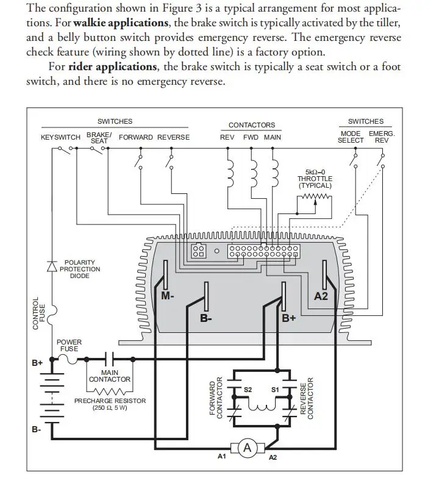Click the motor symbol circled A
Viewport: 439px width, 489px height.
pyautogui.click(x=248, y=448)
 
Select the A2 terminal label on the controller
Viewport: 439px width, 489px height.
pyautogui.click(x=321, y=296)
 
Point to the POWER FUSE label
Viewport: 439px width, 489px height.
pyautogui.click(x=68, y=346)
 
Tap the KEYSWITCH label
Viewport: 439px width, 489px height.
pyautogui.click(x=60, y=137)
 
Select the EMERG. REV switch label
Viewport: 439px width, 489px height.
pyautogui.click(x=381, y=137)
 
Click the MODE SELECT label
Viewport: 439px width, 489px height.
pyautogui.click(x=351, y=137)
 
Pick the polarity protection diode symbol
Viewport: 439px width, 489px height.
pyautogui.click(x=52, y=265)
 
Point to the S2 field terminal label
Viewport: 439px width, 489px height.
pyautogui.click(x=248, y=389)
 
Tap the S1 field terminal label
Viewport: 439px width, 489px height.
pyautogui.click(x=274, y=389)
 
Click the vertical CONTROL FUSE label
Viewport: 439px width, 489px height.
pyautogui.click(x=39, y=313)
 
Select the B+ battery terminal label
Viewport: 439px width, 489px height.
pyautogui.click(x=37, y=363)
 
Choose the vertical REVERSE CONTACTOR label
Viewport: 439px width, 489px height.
pyautogui.click(x=307, y=398)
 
